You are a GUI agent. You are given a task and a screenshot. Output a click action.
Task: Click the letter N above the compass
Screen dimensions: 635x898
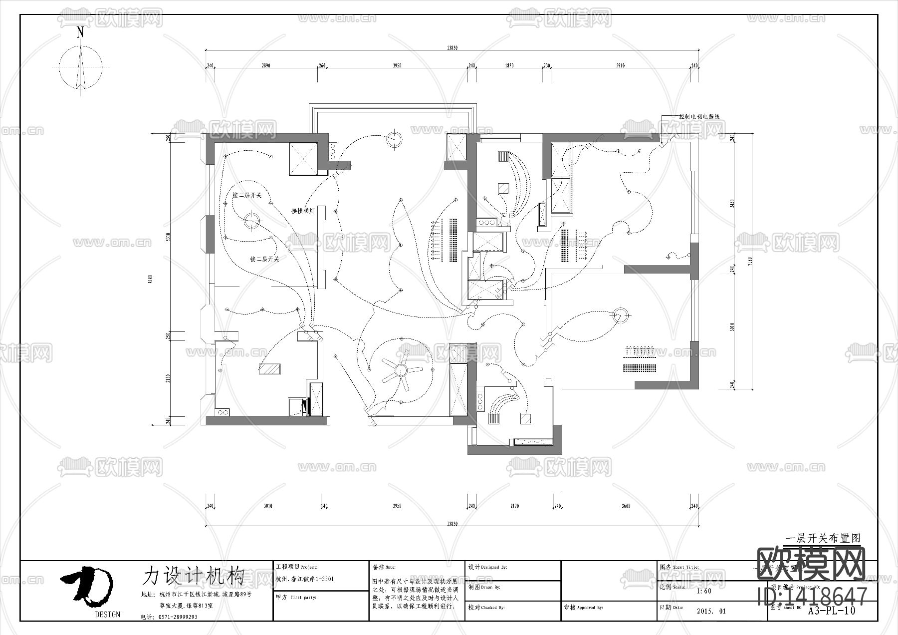(80, 32)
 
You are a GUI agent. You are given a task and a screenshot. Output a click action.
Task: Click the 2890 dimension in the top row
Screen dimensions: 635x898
(266, 66)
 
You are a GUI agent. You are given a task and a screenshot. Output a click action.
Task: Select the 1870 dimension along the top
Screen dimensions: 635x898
(509, 66)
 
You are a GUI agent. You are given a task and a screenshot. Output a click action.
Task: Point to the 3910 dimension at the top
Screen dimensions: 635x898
(620, 66)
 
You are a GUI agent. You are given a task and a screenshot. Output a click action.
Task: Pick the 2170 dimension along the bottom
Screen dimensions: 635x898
(514, 506)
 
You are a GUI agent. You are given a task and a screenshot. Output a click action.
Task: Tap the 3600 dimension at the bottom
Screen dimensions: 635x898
(626, 506)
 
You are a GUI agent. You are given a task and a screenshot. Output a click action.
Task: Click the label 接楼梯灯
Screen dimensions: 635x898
(303, 211)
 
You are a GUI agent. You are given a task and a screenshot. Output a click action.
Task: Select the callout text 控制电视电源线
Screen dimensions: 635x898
(699, 116)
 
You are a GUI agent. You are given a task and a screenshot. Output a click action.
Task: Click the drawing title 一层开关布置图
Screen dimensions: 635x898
(823, 539)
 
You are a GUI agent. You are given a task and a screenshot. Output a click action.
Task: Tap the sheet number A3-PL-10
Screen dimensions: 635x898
(832, 610)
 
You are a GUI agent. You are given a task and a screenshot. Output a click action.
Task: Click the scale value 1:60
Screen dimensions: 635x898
(703, 591)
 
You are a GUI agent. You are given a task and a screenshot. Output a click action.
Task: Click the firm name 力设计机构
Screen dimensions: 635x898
(194, 576)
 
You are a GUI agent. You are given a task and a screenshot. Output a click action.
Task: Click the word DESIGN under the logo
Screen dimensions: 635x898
(107, 615)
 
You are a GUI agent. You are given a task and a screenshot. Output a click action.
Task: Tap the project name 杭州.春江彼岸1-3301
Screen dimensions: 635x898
(304, 580)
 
